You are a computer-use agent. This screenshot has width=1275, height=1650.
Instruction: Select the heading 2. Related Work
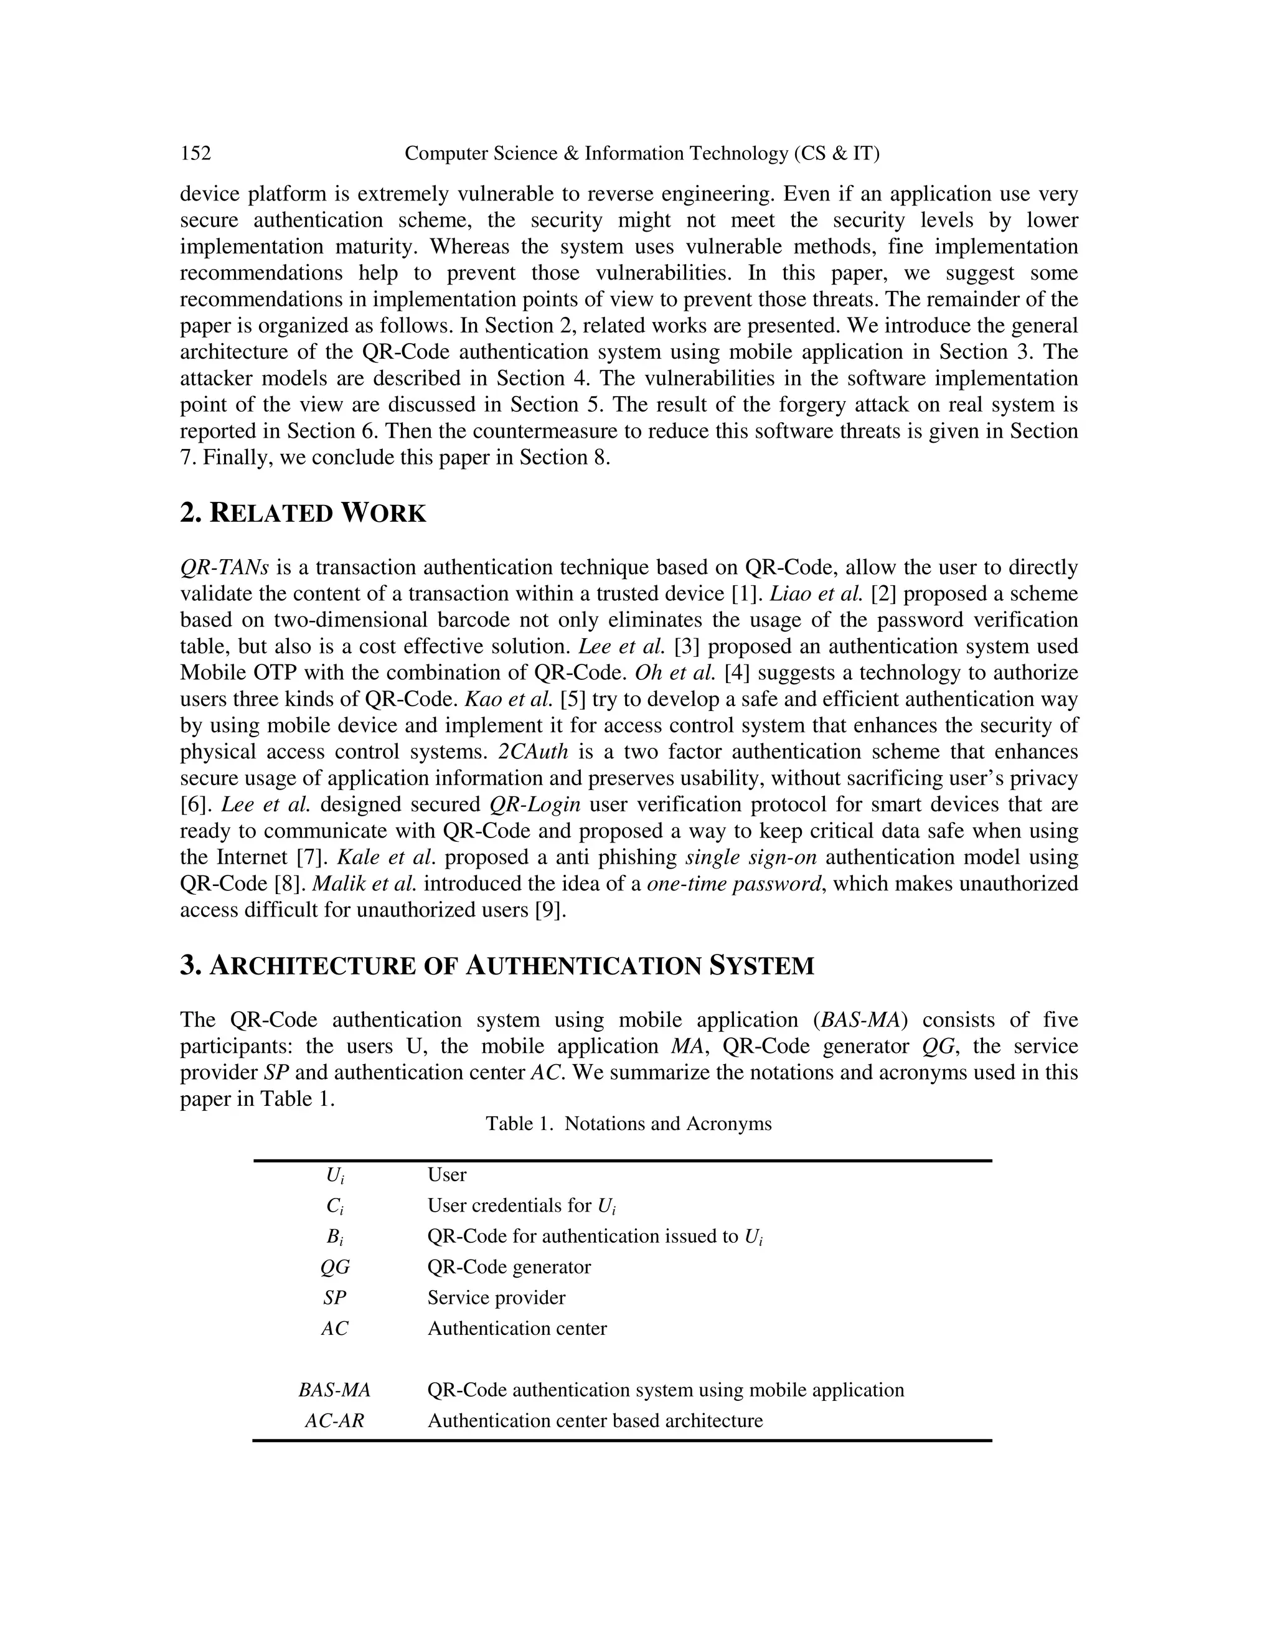tap(303, 513)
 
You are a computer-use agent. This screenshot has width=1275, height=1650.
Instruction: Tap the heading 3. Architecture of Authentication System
tap(497, 966)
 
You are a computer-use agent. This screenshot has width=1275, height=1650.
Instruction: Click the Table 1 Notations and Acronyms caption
tap(628, 1123)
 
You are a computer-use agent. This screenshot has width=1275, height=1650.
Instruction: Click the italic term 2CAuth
tap(532, 752)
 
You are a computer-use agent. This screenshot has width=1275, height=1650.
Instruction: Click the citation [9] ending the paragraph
tap(549, 910)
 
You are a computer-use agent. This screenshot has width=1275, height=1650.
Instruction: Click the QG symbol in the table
tap(334, 1267)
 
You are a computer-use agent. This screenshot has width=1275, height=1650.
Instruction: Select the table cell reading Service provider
tap(496, 1298)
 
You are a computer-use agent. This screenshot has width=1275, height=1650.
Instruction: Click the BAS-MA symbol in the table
tap(334, 1390)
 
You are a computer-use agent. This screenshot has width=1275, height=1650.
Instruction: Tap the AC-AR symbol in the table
tap(334, 1421)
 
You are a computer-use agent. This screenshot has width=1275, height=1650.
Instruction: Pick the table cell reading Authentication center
tap(517, 1329)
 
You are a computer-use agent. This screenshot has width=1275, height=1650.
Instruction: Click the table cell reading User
tap(446, 1175)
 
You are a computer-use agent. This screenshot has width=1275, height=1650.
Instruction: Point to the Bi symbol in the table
tap(334, 1237)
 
